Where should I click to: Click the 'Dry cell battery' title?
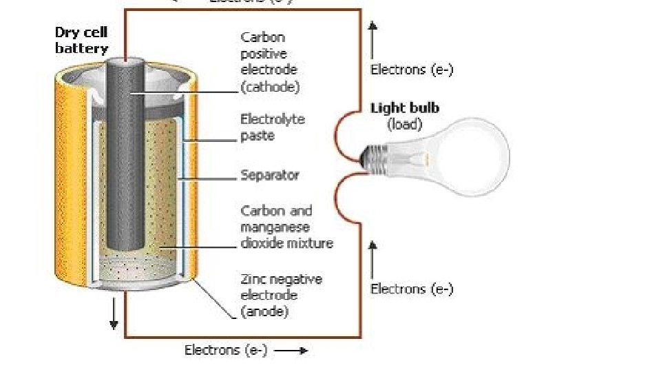82,41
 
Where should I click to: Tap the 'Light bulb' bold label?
405,108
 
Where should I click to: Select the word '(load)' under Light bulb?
405,125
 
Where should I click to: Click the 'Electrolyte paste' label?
273,127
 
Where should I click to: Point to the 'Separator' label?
270,175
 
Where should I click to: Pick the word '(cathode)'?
270,87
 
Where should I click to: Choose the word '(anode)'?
264,311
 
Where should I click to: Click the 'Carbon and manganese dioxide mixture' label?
286,227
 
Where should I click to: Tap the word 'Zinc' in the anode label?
253,279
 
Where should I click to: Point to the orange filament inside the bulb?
424,158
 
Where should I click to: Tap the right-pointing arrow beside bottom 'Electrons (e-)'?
292,351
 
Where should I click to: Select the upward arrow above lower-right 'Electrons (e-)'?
373,259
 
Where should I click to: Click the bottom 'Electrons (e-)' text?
226,351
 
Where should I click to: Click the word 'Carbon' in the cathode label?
262,37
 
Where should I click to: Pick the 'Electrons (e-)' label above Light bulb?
412,69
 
